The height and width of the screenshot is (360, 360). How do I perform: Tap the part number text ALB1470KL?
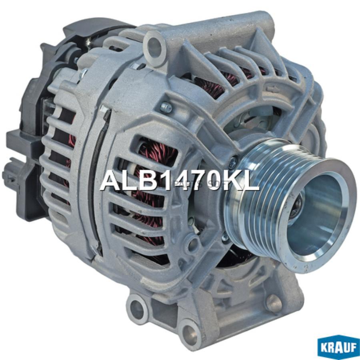tap(180, 181)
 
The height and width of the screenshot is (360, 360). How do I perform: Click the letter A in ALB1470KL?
tap(110, 181)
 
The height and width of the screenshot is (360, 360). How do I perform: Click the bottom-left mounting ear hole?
tap(137, 309)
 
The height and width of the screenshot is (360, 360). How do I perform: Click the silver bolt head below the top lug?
tap(166, 107)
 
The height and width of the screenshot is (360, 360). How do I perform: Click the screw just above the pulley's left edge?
tap(232, 162)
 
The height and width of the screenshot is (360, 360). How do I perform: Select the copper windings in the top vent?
tap(212, 88)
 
